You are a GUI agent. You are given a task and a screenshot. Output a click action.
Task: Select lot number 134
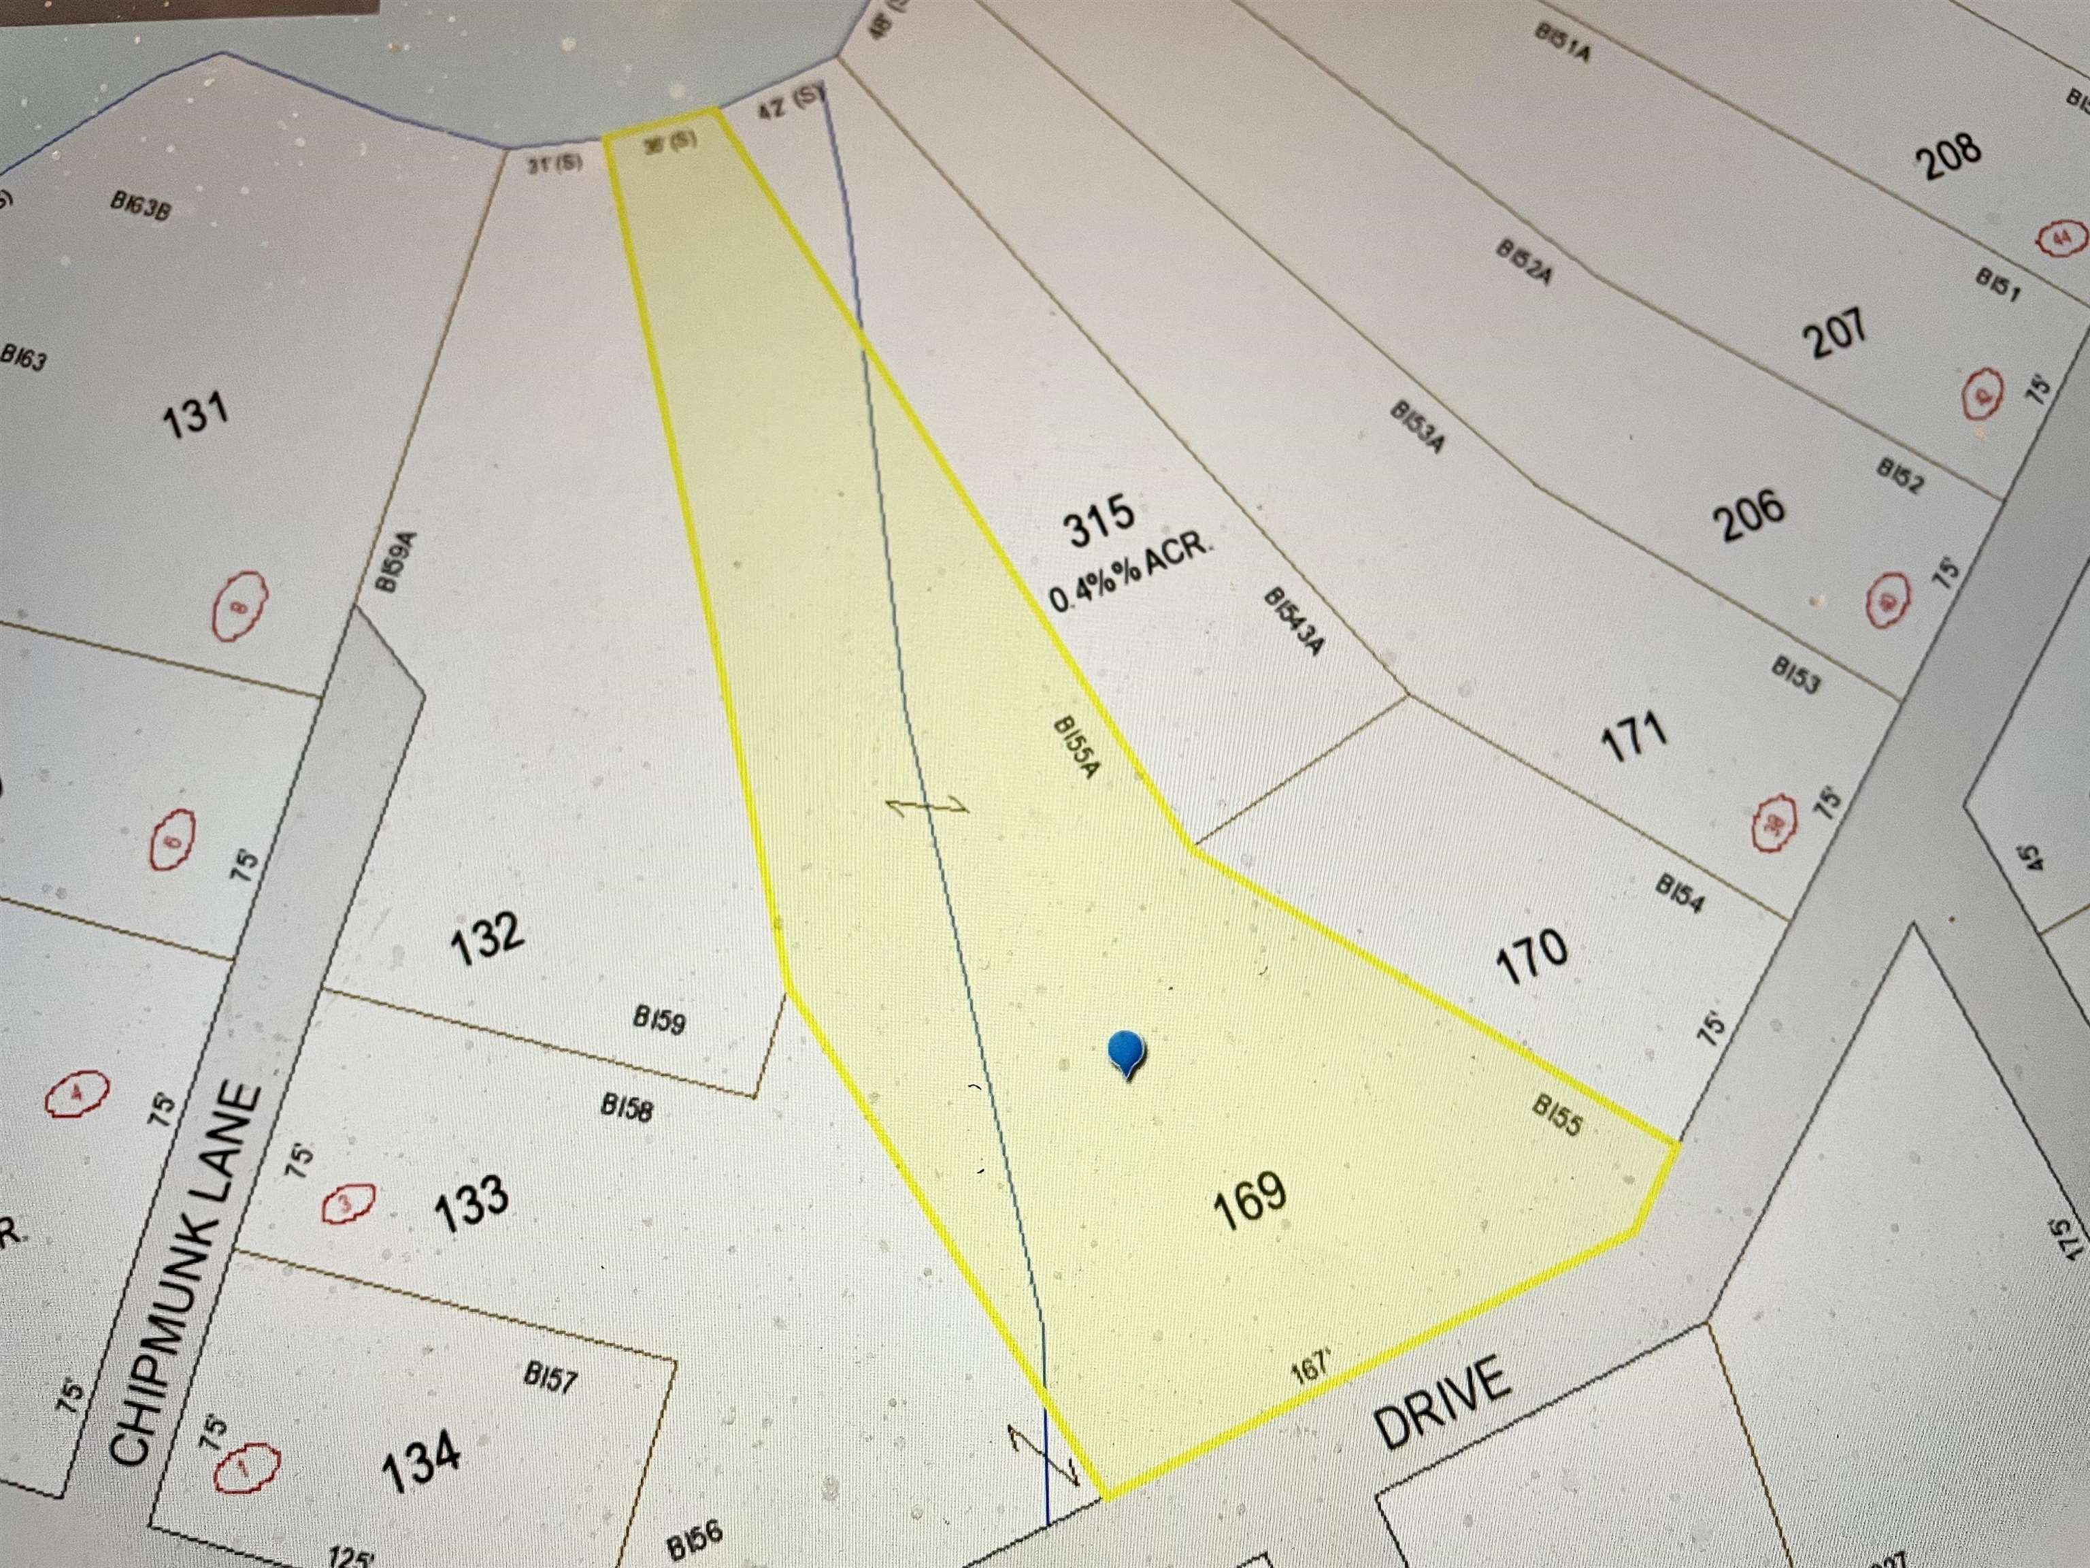click(x=421, y=1460)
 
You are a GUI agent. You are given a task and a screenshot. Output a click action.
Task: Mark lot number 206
click(x=1750, y=515)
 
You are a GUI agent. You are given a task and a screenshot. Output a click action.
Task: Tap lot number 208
click(x=1948, y=156)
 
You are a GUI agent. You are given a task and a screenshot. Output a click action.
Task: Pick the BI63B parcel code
click(x=140, y=206)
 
